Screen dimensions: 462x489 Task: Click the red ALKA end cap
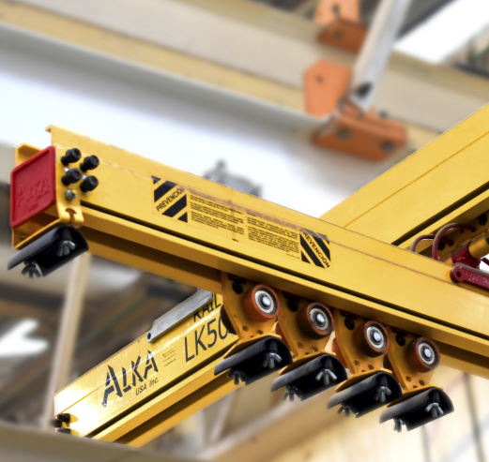click(33, 186)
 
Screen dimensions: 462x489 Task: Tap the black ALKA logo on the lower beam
click(124, 382)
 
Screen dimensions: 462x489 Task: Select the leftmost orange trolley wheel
click(263, 302)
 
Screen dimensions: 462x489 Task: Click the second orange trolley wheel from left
click(318, 320)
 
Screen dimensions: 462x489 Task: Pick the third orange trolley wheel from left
click(374, 338)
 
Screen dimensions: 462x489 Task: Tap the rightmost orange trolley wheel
click(424, 353)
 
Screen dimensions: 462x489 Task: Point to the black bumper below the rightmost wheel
click(418, 408)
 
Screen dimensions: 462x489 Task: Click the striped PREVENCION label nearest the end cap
click(170, 198)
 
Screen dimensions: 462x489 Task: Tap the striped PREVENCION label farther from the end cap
click(314, 247)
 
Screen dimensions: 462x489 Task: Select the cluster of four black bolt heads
click(79, 169)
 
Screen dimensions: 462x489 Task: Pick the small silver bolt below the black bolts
click(70, 195)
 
